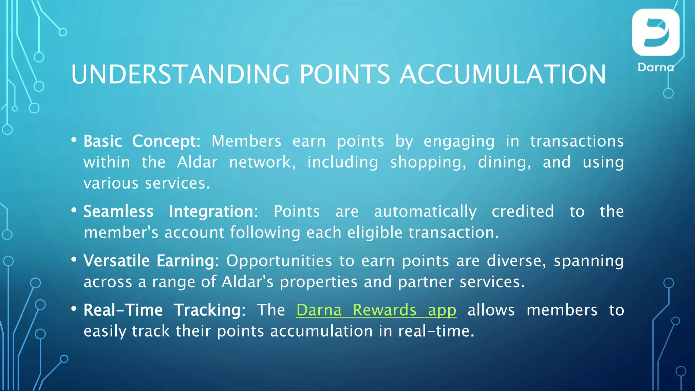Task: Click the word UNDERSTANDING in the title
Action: click(x=180, y=74)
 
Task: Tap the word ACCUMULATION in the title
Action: click(x=503, y=74)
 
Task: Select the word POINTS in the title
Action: click(x=344, y=74)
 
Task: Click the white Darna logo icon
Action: click(x=655, y=32)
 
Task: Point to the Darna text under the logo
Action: click(x=655, y=67)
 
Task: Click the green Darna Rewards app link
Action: click(x=376, y=310)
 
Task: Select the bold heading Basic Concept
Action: click(x=142, y=141)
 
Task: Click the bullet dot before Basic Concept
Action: click(x=74, y=140)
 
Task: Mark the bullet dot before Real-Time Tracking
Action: click(x=74, y=309)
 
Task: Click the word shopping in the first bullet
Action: click(x=428, y=163)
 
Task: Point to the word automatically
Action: click(x=425, y=211)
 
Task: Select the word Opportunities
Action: click(x=279, y=261)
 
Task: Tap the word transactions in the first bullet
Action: click(x=577, y=141)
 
